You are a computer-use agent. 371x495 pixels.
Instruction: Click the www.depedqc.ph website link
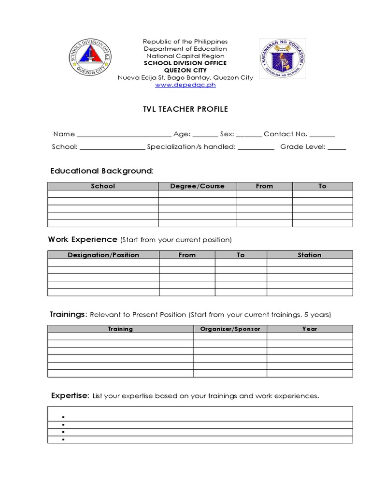point(185,85)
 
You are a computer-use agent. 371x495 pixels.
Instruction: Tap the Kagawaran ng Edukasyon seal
point(282,59)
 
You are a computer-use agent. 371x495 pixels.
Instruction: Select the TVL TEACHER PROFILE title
point(185,109)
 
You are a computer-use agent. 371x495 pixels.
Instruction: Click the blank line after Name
point(124,135)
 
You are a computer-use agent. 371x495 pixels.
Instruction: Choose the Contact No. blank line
point(322,135)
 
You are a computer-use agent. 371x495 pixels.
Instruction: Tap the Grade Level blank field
point(337,147)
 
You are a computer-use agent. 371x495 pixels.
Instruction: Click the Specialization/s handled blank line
point(256,147)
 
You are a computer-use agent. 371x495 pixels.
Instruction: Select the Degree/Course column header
point(197,186)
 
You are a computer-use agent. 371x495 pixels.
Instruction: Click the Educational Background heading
point(101,171)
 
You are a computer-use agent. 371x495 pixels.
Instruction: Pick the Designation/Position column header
point(103,255)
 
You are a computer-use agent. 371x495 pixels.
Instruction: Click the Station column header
point(310,255)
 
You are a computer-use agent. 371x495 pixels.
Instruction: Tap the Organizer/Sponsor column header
point(230,329)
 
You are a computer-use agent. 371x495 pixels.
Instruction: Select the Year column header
point(310,329)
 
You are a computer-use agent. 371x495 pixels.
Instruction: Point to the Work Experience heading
point(83,240)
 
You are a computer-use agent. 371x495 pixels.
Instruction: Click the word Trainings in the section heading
point(67,315)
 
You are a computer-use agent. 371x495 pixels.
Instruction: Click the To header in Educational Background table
point(322,186)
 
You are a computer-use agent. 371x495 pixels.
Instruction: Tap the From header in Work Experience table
point(187,255)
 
